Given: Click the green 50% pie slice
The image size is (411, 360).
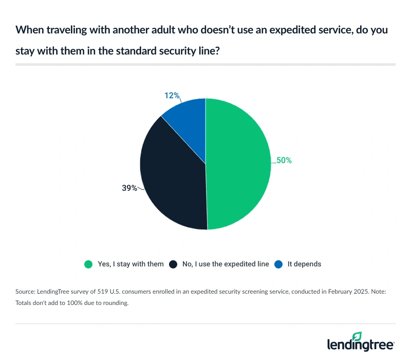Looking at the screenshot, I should pyautogui.click(x=239, y=165).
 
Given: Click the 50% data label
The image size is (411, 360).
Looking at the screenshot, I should pyautogui.click(x=284, y=160).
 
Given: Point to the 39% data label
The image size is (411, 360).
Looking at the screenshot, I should pyautogui.click(x=129, y=188).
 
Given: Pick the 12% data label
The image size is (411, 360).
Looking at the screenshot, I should pyautogui.click(x=172, y=95).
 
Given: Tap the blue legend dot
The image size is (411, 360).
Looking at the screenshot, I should pyautogui.click(x=278, y=264).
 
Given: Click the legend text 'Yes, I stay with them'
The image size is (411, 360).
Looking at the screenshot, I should pyautogui.click(x=130, y=264).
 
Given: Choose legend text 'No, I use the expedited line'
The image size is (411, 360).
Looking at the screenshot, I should pyautogui.click(x=226, y=264).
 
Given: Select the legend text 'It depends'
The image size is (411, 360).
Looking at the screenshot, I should pyautogui.click(x=304, y=264).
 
